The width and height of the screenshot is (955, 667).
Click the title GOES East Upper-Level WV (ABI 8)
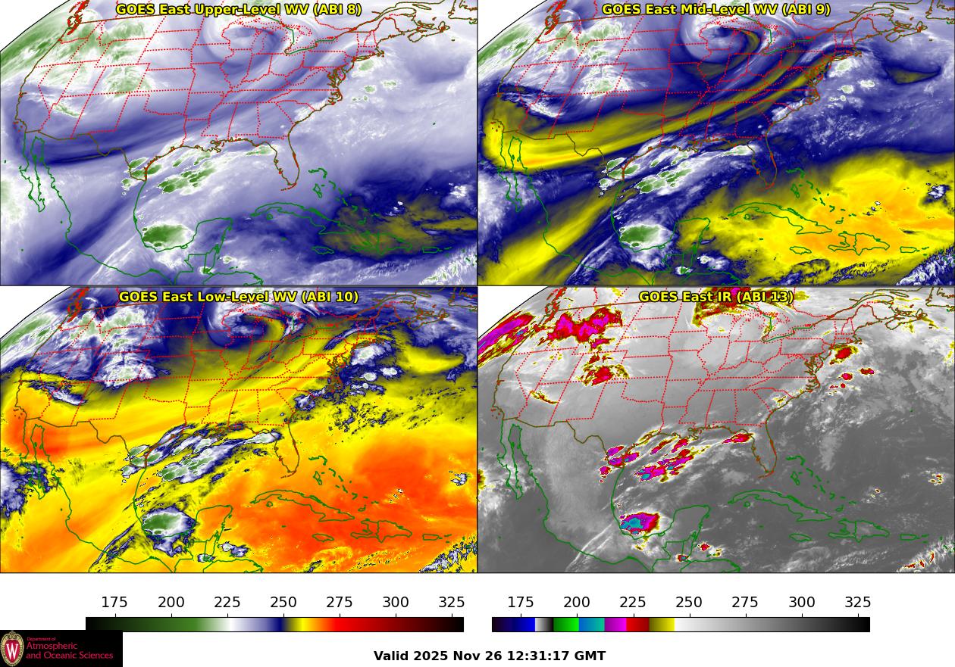tap(239, 10)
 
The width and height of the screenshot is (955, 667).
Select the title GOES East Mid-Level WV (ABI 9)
tap(715, 10)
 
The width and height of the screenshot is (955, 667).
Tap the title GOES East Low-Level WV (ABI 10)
tap(239, 297)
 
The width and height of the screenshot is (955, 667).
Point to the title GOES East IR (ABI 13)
tap(715, 297)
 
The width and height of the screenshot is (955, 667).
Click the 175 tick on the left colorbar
tap(114, 603)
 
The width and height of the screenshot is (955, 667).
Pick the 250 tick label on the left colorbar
tap(283, 603)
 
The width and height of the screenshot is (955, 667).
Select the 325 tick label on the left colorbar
tap(452, 603)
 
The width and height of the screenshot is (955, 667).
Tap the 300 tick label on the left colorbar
tap(396, 603)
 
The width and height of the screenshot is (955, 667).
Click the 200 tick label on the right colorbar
tap(577, 603)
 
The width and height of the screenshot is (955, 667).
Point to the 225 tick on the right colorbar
tap(633, 603)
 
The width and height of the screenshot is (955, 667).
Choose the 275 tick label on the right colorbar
tap(745, 603)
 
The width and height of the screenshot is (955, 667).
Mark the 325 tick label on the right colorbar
tap(858, 603)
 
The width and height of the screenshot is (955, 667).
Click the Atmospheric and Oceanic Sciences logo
tap(61, 649)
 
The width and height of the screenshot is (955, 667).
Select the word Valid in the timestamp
tap(392, 656)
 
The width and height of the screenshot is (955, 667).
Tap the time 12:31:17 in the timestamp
tap(540, 656)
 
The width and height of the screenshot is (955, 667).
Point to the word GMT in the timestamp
tap(590, 656)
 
